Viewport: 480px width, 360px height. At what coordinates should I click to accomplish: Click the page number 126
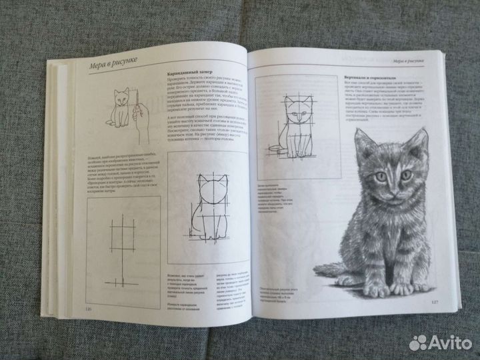tap(86, 309)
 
